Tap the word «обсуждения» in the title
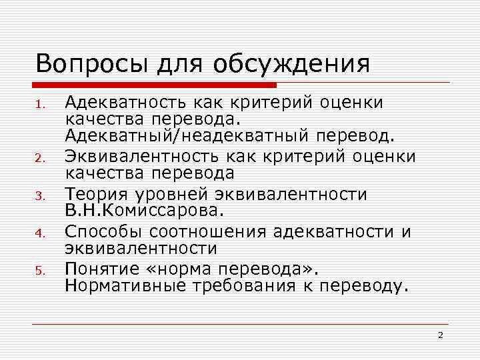click(x=292, y=65)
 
